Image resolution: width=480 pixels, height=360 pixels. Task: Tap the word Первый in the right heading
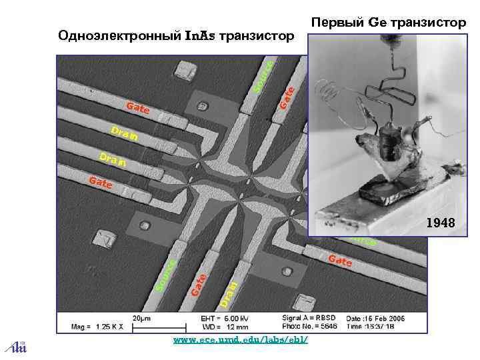(x=337, y=23)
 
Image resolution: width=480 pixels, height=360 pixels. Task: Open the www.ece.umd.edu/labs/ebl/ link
(x=240, y=340)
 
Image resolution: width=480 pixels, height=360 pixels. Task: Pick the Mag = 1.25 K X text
(x=95, y=327)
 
